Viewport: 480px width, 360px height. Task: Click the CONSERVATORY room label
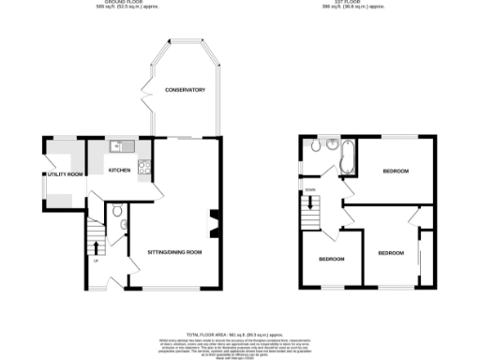[x=185, y=90]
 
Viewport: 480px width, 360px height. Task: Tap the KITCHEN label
[x=119, y=170]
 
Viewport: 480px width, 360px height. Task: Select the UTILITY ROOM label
[x=67, y=174]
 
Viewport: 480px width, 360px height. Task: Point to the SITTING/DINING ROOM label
[x=175, y=252]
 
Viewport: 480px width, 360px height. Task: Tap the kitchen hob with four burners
[x=143, y=168]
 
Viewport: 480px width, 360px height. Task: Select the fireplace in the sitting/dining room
[x=214, y=224]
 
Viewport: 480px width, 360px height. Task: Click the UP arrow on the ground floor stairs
[x=97, y=247]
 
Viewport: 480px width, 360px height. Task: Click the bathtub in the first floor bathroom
[x=348, y=157]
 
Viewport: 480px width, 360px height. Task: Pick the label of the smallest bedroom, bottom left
[x=331, y=259]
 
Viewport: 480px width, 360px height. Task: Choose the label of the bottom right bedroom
[x=391, y=253]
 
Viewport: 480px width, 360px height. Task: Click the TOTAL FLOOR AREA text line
[x=239, y=334]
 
